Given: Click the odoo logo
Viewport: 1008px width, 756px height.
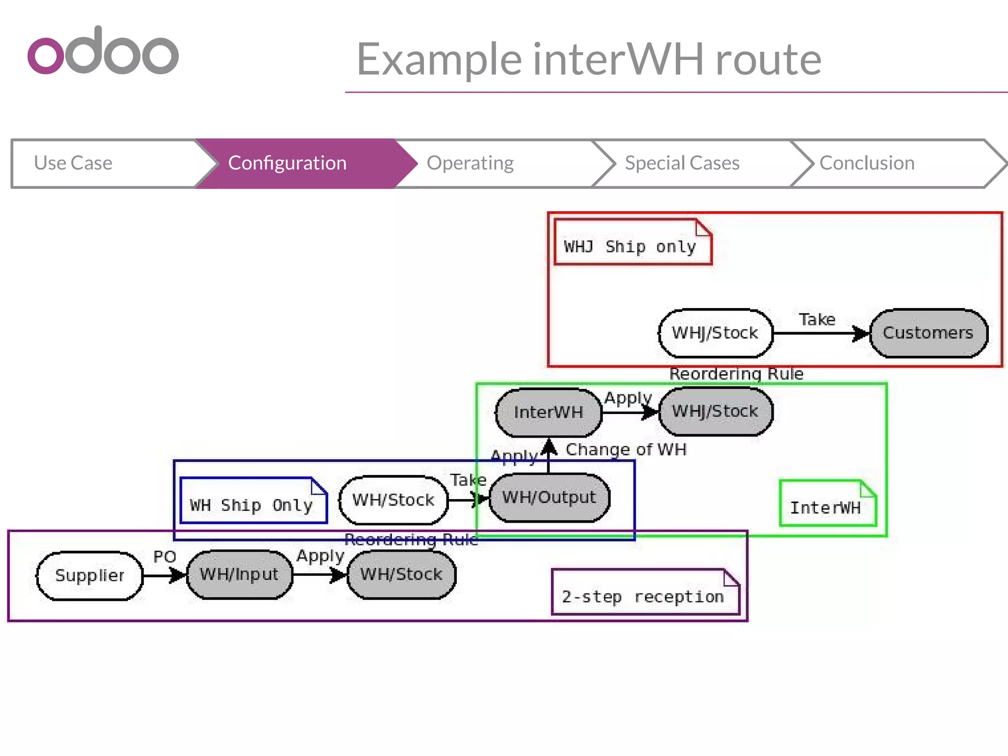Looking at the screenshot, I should click(103, 51).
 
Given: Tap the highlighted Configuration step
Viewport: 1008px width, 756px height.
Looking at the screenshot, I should click(287, 163).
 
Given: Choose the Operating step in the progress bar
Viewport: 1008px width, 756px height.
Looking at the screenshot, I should click(470, 163).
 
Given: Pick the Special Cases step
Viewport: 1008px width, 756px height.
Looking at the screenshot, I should click(682, 163).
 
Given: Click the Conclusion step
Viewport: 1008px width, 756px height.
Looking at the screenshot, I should click(867, 163).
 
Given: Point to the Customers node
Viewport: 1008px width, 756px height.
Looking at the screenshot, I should click(928, 333).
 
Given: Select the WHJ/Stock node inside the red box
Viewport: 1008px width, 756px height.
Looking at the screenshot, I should click(715, 333).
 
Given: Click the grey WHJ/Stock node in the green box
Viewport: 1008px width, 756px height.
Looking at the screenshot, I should click(715, 411).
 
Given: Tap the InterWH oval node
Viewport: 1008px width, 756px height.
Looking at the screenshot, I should click(548, 412).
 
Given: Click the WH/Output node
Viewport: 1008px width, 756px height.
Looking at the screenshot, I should click(549, 498).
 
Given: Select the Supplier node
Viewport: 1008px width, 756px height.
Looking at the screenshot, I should click(90, 575).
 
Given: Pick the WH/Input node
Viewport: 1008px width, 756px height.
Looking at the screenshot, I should click(239, 574).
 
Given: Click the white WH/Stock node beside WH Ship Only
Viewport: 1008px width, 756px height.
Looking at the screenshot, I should click(393, 500).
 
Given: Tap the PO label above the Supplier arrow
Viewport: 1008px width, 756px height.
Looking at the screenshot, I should click(164, 557).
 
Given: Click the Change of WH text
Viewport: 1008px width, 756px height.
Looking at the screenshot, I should click(626, 449).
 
